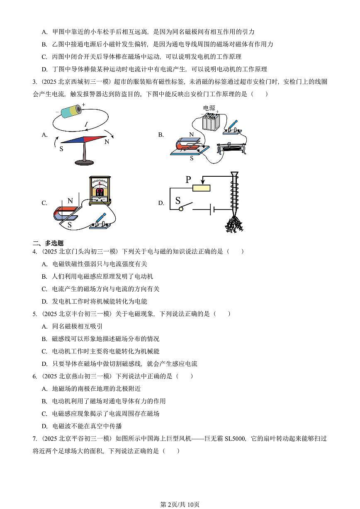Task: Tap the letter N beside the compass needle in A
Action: (107, 141)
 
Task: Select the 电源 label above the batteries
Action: (209, 108)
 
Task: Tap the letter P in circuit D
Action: (188, 180)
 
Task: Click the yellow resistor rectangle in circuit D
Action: (202, 188)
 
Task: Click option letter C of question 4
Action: (44, 289)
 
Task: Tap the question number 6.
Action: (35, 376)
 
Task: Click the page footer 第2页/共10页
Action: (180, 504)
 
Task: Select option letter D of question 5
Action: (44, 364)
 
